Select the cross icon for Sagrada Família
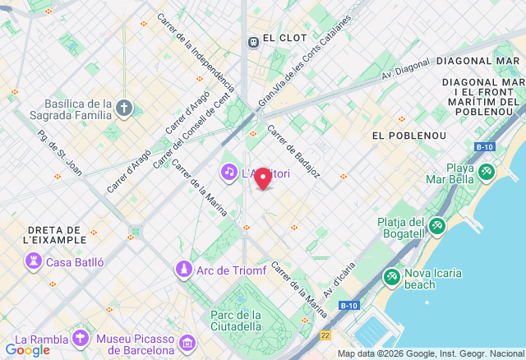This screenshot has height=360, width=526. (123, 108)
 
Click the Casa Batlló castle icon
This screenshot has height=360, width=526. (34, 262)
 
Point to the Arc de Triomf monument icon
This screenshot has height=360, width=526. (184, 269)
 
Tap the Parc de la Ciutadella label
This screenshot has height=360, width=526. (236, 321)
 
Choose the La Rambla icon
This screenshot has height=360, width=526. (81, 339)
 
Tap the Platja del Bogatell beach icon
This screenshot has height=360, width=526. (436, 224)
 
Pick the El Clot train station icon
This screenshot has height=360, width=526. (253, 39)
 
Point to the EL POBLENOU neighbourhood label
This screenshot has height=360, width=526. (408, 135)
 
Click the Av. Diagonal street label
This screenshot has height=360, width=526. (405, 71)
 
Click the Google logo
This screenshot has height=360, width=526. (27, 350)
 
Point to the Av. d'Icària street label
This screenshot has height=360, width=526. (339, 279)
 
